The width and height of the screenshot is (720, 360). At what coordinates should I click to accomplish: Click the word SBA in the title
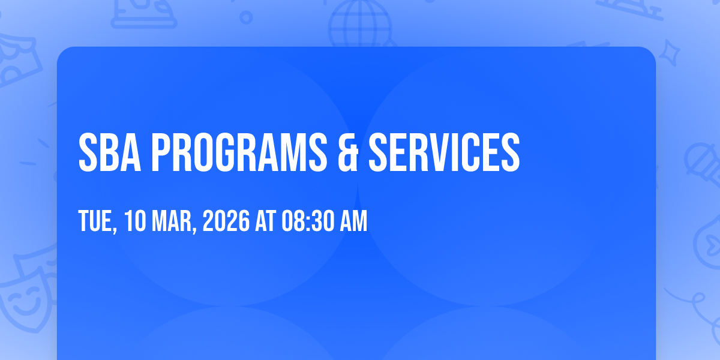[x=110, y=152]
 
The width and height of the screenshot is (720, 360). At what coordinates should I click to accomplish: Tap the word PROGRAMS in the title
[x=239, y=152]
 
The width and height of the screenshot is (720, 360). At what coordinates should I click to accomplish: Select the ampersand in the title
[x=348, y=152]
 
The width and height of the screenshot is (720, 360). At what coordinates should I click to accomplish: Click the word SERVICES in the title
[x=444, y=152]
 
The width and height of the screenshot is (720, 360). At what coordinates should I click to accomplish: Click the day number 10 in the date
[x=135, y=221]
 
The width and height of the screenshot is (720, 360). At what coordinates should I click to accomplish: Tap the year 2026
[x=226, y=221]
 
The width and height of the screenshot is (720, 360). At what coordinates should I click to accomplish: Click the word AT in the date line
[x=265, y=221]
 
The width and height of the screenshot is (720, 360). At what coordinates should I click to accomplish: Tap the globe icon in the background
[x=360, y=23]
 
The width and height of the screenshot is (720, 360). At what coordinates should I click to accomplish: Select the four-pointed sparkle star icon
[x=670, y=53]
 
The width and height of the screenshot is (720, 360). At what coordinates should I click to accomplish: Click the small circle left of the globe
[x=246, y=17]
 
